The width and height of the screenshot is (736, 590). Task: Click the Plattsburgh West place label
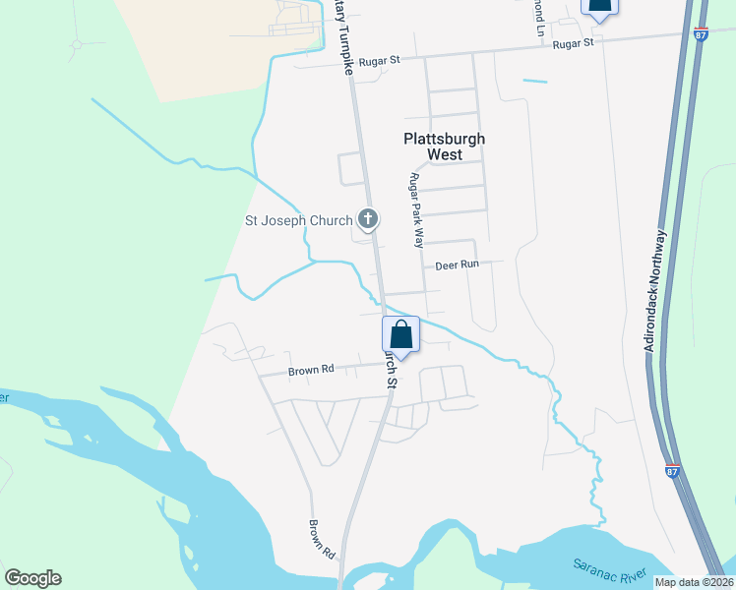click(x=445, y=147)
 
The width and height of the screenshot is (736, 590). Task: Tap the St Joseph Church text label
click(x=298, y=220)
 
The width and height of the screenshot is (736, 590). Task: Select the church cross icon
click(x=368, y=218)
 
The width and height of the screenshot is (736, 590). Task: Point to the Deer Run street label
click(x=457, y=265)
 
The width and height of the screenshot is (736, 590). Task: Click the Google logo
click(x=32, y=578)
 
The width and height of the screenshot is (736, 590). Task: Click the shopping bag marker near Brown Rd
click(x=401, y=334)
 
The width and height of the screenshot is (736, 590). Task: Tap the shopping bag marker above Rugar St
click(x=599, y=6)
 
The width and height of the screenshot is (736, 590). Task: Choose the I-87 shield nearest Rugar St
click(x=699, y=33)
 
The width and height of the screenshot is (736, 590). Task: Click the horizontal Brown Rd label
click(x=311, y=371)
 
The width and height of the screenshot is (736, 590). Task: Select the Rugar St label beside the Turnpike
click(x=380, y=60)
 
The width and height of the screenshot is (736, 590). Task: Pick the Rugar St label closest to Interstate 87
click(x=574, y=43)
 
